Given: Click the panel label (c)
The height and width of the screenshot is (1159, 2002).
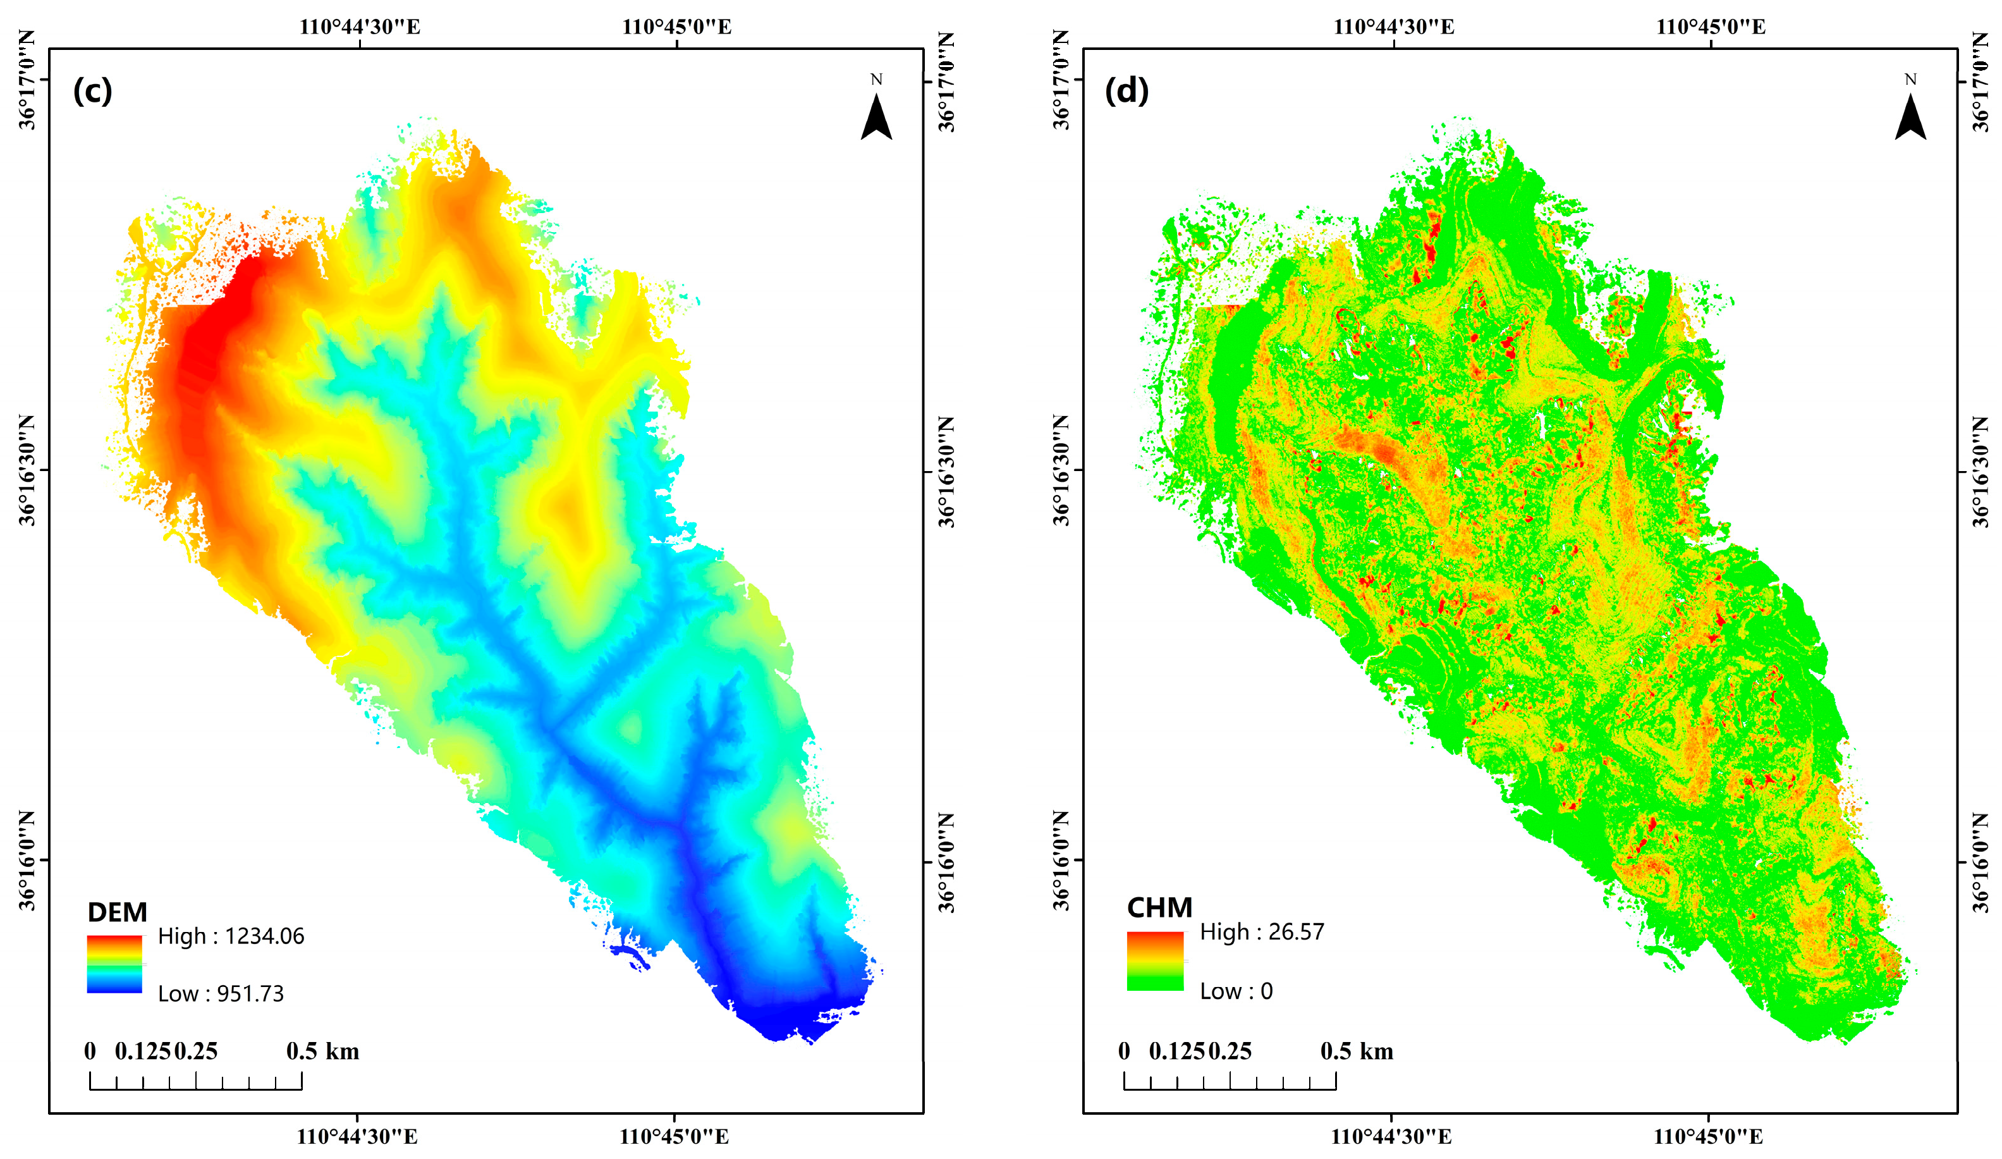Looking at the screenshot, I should click(x=92, y=91).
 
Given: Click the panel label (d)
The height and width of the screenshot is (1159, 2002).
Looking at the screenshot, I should click(x=1126, y=91).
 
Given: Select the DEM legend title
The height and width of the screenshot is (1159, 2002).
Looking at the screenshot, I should click(x=117, y=912).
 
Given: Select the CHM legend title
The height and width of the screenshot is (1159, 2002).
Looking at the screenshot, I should click(x=1159, y=907).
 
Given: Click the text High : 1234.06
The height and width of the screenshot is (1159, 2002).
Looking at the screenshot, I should click(x=230, y=936).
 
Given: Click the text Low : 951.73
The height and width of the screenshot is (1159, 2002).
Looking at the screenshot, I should click(x=220, y=994).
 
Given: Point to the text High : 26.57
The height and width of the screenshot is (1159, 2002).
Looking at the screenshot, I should click(x=1262, y=932).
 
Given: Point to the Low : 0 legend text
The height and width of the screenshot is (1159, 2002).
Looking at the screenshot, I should click(x=1235, y=991).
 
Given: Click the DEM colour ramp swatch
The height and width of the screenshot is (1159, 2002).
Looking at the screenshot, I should click(x=114, y=964).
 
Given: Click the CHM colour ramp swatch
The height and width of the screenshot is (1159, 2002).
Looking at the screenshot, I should click(x=1154, y=960).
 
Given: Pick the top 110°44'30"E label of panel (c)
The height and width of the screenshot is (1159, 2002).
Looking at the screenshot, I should click(x=359, y=27).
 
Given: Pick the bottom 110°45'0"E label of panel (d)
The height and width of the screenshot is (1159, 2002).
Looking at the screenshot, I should click(x=1708, y=1137).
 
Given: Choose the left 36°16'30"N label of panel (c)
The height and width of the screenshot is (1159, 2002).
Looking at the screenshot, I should click(x=28, y=470).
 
